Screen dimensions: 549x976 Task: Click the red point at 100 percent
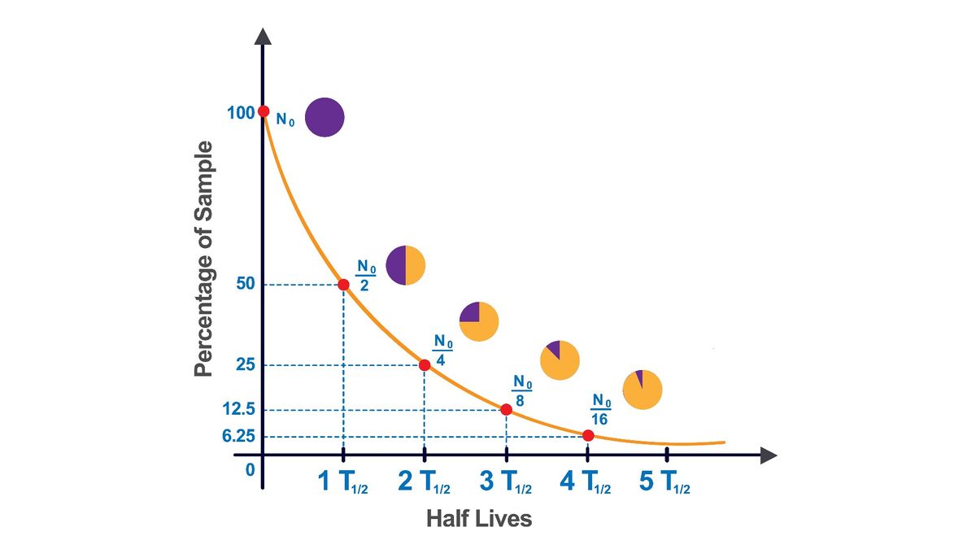tap(263, 111)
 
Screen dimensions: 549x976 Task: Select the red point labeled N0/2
tap(343, 285)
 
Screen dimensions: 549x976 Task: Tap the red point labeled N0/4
tap(425, 365)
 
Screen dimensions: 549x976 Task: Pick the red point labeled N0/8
tap(506, 410)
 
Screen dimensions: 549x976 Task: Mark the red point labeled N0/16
tap(587, 436)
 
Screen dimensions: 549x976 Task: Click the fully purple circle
tap(325, 117)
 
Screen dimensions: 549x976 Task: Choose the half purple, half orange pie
tap(405, 265)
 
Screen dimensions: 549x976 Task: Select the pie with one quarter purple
tap(479, 321)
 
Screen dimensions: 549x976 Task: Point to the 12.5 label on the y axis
tap(239, 410)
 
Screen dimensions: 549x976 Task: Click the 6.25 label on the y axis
tap(239, 437)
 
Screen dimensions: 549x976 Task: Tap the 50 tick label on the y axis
tap(245, 285)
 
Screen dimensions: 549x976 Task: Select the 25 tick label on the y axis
tap(246, 365)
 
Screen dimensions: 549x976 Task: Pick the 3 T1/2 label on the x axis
tap(506, 483)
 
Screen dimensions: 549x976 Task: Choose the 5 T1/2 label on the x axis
tap(664, 483)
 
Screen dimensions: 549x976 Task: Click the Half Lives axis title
tap(479, 518)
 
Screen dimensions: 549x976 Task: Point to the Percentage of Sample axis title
tap(203, 259)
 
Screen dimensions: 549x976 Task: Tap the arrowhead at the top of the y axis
tap(263, 37)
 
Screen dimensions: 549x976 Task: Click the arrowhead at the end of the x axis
tap(769, 455)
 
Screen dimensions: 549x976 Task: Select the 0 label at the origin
tap(251, 470)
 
